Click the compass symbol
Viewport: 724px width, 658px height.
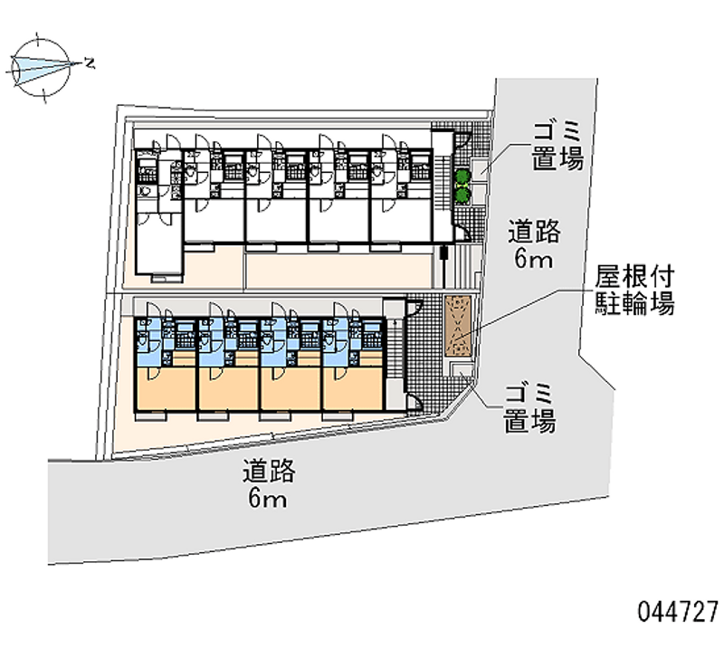click(x=41, y=68)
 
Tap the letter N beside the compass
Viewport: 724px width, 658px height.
click(x=90, y=62)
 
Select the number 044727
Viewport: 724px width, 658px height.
click(x=678, y=612)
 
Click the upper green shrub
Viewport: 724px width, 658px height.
click(x=462, y=177)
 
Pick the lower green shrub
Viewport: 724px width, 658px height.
click(x=462, y=195)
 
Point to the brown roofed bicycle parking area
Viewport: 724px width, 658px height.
click(x=458, y=326)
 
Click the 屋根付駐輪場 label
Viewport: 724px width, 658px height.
click(x=634, y=291)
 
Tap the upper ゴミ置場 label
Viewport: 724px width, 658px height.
click(x=557, y=147)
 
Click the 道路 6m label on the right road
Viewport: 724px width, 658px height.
click(x=534, y=244)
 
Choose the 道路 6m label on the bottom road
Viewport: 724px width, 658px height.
click(x=269, y=483)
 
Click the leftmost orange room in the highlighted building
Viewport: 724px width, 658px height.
click(x=166, y=387)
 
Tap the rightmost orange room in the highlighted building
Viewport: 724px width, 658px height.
click(x=353, y=387)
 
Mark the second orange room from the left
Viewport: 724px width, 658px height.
click(x=228, y=387)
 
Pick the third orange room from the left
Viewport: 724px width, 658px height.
click(x=291, y=387)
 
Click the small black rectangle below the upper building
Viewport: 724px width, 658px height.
click(x=443, y=253)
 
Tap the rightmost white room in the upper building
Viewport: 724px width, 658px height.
click(x=401, y=220)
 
